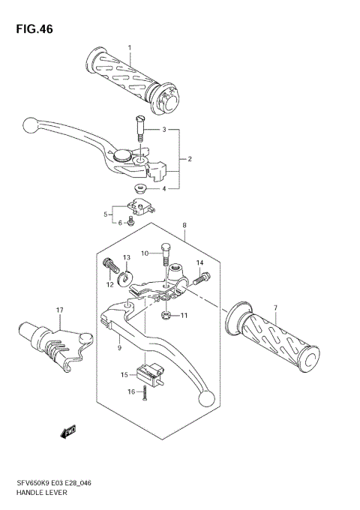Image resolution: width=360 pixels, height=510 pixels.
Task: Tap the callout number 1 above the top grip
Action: (x=129, y=49)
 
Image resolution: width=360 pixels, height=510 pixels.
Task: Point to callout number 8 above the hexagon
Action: (x=184, y=225)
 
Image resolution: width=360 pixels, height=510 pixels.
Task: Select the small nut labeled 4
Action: (x=139, y=188)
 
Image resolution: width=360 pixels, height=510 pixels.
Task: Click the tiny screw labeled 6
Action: (x=130, y=221)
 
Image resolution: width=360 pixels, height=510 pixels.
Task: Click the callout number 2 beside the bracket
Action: (x=190, y=159)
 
